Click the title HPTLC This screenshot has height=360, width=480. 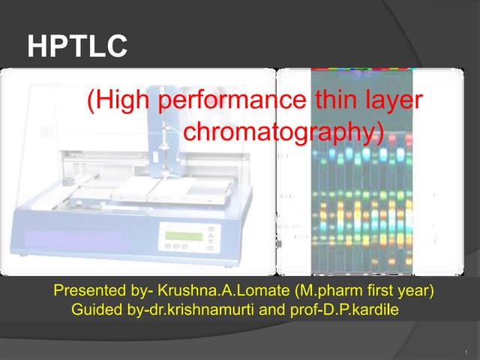click(76, 47)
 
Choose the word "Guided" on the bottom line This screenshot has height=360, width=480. click(94, 308)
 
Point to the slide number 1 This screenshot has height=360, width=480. click(466, 350)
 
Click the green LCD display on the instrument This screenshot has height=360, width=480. click(184, 235)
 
